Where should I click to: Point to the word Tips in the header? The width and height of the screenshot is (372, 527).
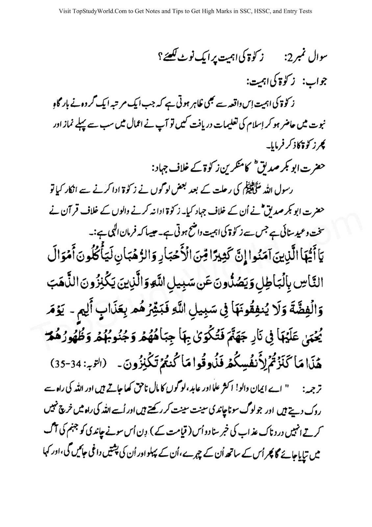pos(178,11)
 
